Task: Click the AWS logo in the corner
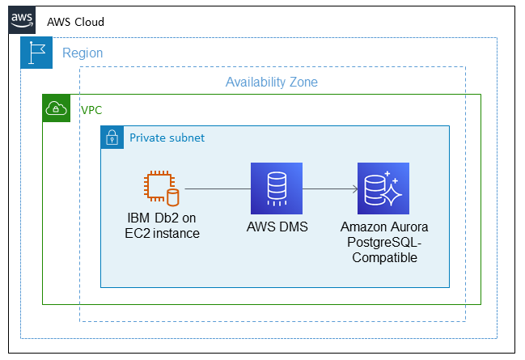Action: point(22,20)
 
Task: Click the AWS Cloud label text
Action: point(75,21)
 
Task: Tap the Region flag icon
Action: point(36,53)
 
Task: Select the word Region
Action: point(83,53)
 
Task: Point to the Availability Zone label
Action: point(271,83)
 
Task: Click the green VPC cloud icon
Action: point(57,109)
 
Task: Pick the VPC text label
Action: point(91,109)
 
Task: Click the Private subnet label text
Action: point(167,138)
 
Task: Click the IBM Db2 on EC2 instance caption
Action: point(162,227)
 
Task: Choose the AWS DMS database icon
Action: point(276,188)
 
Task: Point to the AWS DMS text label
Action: point(277,227)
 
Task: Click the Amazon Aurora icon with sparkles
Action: point(383,188)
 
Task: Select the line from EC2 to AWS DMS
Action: point(217,189)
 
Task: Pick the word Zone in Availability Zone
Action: point(301,83)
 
